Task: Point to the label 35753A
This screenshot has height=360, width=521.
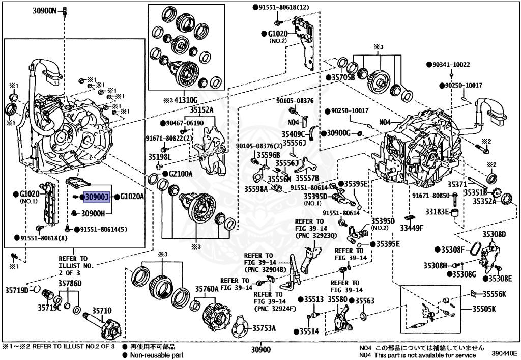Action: (264, 328)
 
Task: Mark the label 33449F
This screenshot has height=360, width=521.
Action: (412, 228)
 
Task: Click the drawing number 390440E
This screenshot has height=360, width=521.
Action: (504, 352)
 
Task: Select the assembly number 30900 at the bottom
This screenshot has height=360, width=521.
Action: (260, 350)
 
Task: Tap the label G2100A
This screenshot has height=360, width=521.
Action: (181, 174)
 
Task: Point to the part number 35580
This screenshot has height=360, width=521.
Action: (337, 300)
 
